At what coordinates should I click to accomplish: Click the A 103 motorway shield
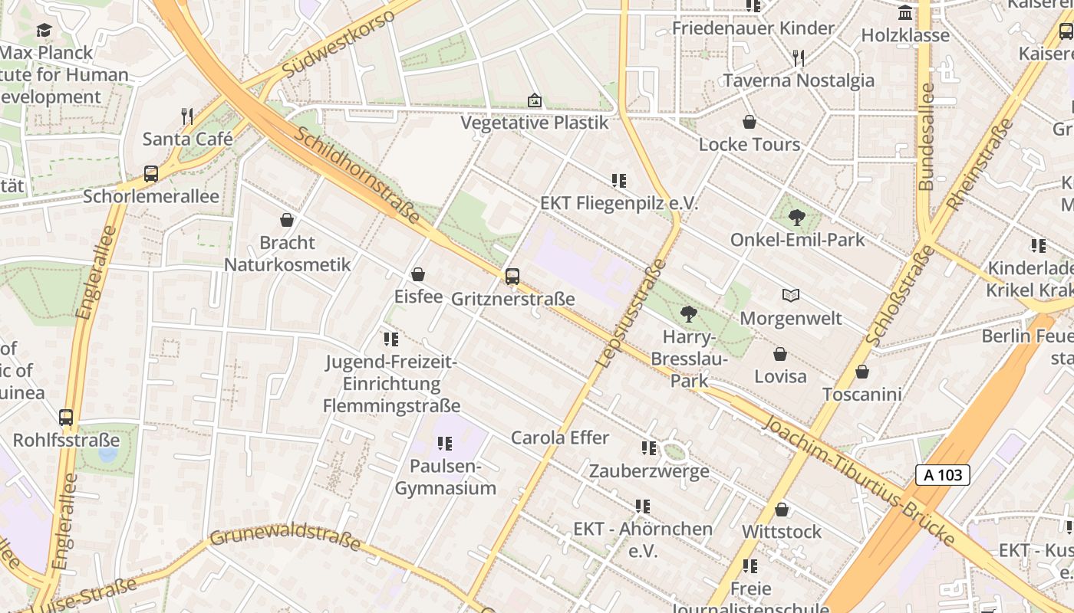[x=943, y=475]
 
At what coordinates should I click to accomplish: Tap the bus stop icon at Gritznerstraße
[x=512, y=276]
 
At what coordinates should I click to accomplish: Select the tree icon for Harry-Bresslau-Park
[x=689, y=313]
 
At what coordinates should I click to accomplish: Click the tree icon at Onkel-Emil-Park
[x=797, y=217]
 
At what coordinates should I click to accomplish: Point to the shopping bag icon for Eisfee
[x=418, y=274]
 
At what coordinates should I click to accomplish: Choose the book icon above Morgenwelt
[x=791, y=295]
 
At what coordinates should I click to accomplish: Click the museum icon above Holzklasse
[x=905, y=13]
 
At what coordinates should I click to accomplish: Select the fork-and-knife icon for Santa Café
[x=187, y=116]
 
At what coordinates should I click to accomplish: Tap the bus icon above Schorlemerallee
[x=151, y=174]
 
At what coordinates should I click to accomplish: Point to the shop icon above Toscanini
[x=862, y=372]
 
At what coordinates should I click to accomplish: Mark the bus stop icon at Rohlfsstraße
[x=66, y=418]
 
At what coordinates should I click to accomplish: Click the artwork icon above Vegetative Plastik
[x=534, y=100]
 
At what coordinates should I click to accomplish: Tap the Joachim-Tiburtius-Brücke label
[x=859, y=481]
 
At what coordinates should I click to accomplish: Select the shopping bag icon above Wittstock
[x=782, y=510]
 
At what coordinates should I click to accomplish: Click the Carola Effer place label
[x=560, y=438]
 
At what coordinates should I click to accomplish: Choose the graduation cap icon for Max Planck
[x=44, y=30]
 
